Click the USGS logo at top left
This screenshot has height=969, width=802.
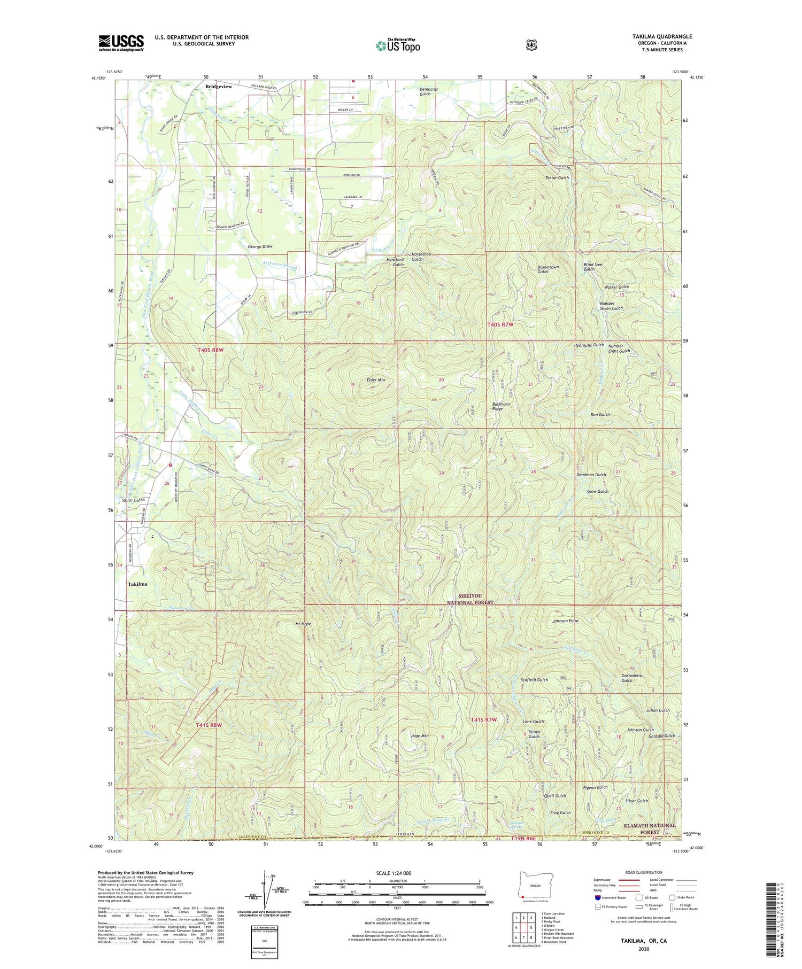point(121,43)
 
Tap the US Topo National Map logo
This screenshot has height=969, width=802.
point(398,45)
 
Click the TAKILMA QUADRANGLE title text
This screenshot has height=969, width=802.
point(662,37)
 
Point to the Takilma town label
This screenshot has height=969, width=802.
point(137,584)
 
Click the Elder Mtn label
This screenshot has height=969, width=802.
point(375,380)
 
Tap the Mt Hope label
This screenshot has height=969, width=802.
point(303,624)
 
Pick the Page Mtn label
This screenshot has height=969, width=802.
point(420,736)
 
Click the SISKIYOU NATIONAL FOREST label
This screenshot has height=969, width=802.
point(470,599)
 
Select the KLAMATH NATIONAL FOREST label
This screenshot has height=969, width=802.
point(650,829)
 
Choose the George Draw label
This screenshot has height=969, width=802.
point(260,246)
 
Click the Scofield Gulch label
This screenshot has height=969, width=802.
point(534,680)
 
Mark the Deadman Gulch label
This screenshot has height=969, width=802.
point(591,475)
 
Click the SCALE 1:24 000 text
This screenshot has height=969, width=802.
point(394,873)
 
